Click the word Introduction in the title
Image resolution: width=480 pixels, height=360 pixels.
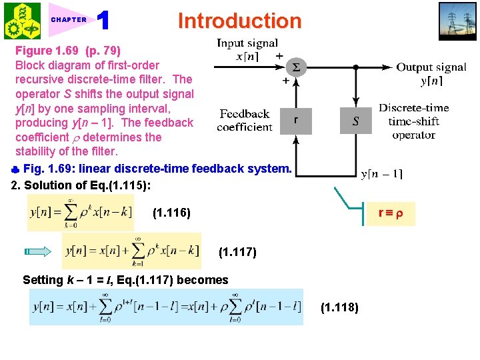[x=239, y=21]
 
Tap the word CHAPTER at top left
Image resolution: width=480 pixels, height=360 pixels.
[x=69, y=20]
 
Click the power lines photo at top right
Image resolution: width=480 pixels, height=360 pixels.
[x=457, y=21]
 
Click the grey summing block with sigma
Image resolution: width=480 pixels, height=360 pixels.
[x=295, y=67]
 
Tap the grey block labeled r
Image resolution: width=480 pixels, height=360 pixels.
[x=295, y=121]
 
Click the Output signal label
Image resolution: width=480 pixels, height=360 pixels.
[x=431, y=73]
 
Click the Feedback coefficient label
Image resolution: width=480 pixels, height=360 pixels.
[x=245, y=120]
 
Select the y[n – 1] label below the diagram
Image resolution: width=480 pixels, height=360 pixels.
[x=381, y=175]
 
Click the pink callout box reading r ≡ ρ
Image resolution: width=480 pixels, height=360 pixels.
[x=391, y=213]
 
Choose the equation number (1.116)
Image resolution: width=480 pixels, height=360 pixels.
[x=171, y=213]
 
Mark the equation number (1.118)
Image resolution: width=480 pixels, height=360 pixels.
[x=339, y=307]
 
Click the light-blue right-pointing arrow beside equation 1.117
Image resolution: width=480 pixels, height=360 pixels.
[x=38, y=252]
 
